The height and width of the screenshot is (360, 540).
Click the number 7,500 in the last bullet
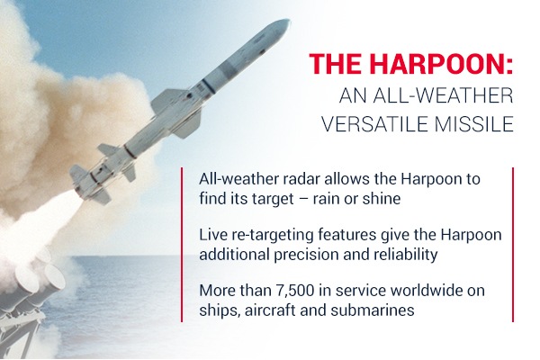point(295,291)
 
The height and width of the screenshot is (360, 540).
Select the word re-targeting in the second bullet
point(268,236)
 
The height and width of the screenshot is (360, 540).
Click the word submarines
point(373,310)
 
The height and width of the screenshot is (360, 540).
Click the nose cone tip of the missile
point(289,21)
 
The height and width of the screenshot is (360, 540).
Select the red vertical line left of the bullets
point(182,245)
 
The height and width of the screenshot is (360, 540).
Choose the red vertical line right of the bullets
point(513,245)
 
